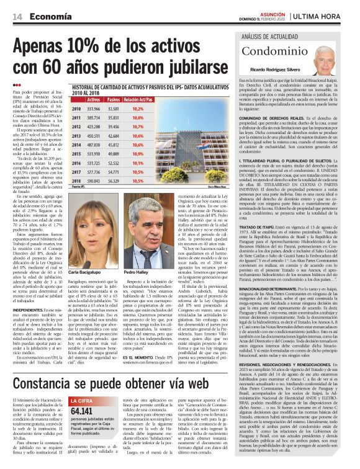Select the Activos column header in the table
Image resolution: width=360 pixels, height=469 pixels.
click(94, 99)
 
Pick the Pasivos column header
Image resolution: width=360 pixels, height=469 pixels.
click(114, 99)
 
